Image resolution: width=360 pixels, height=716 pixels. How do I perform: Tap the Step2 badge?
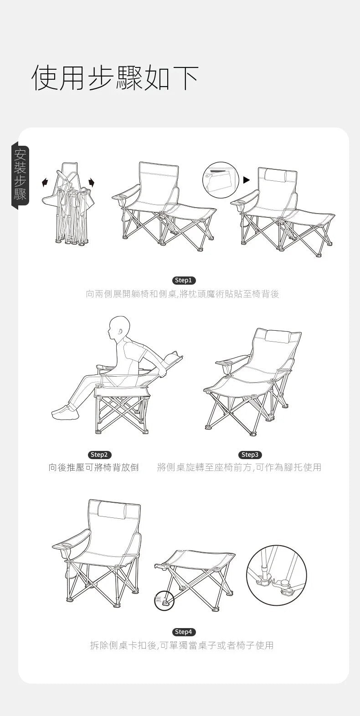(x=99, y=455)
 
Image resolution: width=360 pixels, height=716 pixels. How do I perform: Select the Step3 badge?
(x=250, y=455)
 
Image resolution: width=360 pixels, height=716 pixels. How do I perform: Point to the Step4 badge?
(x=184, y=632)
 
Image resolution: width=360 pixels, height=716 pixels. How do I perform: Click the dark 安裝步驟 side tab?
(x=21, y=176)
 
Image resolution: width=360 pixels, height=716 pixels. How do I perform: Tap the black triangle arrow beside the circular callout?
(x=247, y=180)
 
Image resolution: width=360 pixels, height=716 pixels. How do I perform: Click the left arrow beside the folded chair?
(x=45, y=183)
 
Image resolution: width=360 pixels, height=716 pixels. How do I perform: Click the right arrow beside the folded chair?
(x=92, y=183)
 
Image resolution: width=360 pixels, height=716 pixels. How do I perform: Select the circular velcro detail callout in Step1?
(x=221, y=180)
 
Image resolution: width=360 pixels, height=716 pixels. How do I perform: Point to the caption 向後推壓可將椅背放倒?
(x=93, y=467)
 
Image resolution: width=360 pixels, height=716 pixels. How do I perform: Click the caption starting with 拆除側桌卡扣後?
(x=182, y=645)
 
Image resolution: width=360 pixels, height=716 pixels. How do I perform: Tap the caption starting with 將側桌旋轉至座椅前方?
(x=239, y=467)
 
